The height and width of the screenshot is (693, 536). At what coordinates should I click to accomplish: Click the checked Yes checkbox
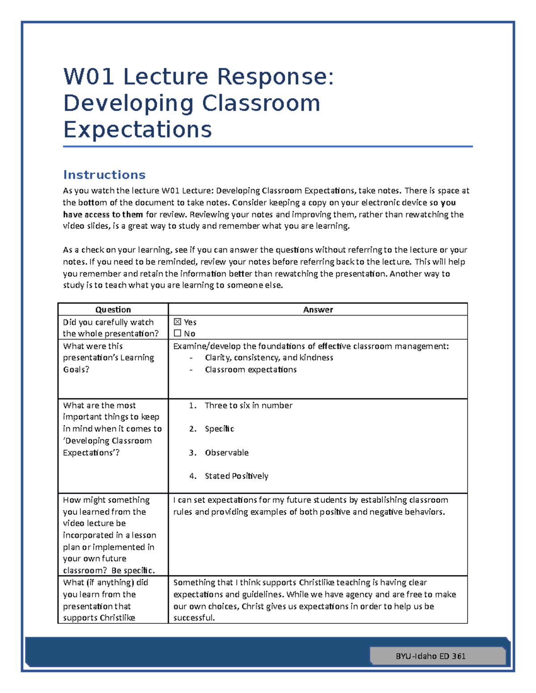[177, 322]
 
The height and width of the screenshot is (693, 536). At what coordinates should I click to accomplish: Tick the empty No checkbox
[177, 333]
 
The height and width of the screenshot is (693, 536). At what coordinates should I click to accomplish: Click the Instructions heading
[104, 174]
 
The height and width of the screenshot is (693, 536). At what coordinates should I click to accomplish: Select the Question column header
[113, 309]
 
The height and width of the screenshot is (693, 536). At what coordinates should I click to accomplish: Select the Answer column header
[318, 309]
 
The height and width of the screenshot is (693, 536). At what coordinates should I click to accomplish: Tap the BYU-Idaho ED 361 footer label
[431, 656]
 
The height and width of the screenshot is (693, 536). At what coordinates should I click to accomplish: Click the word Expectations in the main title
[137, 129]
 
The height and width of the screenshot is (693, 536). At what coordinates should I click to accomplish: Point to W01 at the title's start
[88, 76]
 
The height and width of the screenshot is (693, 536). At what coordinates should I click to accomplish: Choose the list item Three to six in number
[248, 405]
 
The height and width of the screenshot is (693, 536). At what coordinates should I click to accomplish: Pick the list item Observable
[226, 452]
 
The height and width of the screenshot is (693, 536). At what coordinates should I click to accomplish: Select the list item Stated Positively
[236, 476]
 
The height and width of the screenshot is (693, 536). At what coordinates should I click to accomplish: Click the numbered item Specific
[219, 429]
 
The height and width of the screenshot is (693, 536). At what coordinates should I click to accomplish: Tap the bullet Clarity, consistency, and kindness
[269, 357]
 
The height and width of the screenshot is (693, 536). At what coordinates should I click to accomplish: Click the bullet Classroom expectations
[251, 369]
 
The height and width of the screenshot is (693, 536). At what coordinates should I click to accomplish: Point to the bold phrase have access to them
[103, 214]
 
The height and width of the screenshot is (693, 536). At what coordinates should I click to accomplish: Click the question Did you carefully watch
[108, 322]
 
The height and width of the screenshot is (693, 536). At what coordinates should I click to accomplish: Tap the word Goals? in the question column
[76, 369]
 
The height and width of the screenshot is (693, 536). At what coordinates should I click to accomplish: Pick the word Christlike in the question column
[117, 618]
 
